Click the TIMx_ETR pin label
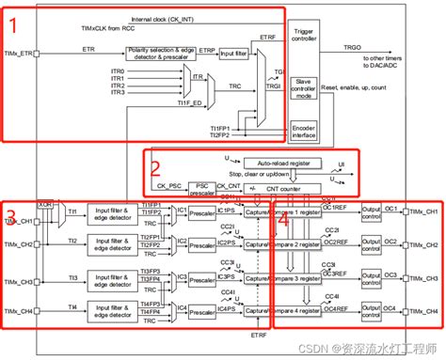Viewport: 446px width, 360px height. pyautogui.click(x=19, y=55)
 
